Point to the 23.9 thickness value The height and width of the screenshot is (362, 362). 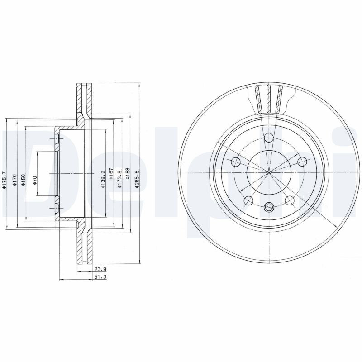(x=100, y=269)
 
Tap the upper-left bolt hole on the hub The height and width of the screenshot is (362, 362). (x=236, y=162)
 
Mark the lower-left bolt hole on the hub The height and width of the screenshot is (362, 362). (x=248, y=200)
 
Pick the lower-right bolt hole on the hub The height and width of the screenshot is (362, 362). (x=290, y=200)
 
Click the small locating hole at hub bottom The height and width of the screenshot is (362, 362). (x=269, y=207)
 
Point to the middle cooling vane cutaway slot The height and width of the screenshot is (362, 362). (x=269, y=99)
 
